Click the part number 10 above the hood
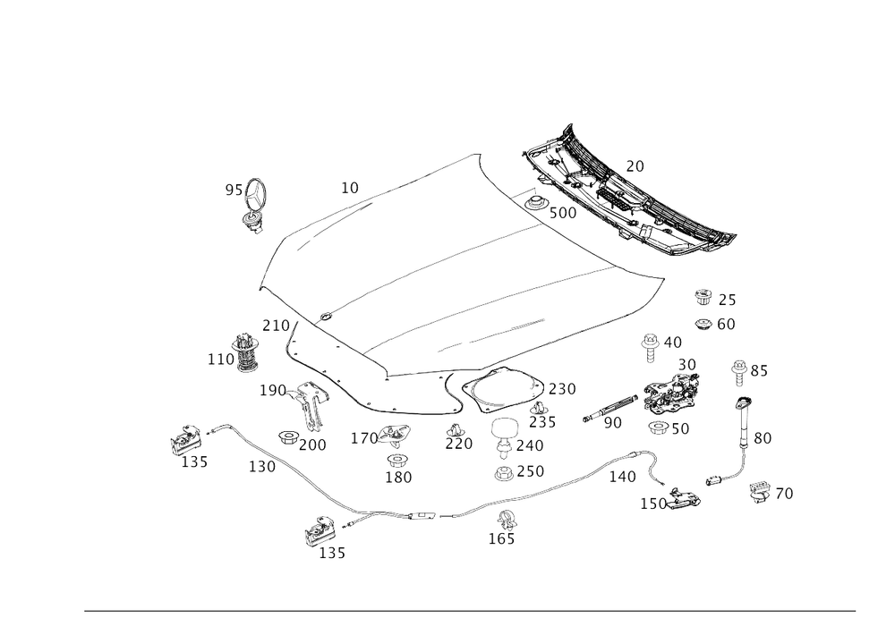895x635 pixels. tap(349, 188)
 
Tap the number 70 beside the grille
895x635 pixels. tap(635, 165)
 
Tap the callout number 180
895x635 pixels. tap(398, 478)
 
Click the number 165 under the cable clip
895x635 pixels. tap(501, 538)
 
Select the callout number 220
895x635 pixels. tap(461, 444)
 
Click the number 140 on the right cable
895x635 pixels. tap(622, 477)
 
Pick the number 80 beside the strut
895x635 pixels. tap(763, 438)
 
